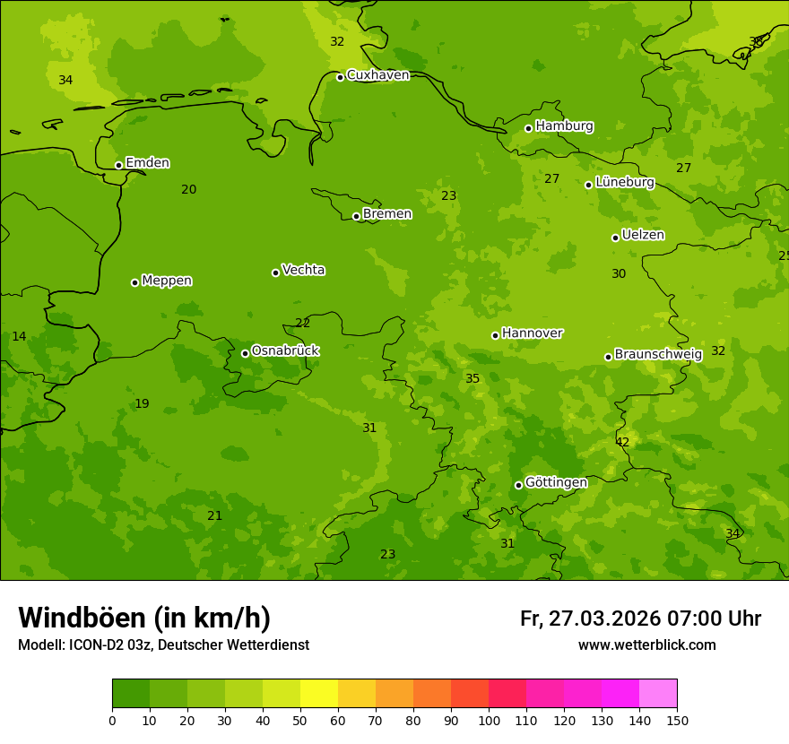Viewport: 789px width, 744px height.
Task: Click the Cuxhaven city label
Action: pyautogui.click(x=377, y=75)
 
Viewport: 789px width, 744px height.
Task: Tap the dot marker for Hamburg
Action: pyautogui.click(x=528, y=128)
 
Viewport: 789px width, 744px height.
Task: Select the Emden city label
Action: pyautogui.click(x=147, y=163)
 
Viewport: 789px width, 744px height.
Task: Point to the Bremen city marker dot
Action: pyautogui.click(x=356, y=216)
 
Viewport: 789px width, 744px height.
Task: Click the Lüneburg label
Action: pyautogui.click(x=625, y=183)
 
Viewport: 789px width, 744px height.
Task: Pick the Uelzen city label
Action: pyautogui.click(x=643, y=236)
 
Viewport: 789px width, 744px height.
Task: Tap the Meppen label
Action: pyautogui.click(x=167, y=281)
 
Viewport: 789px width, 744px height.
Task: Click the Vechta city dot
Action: pyautogui.click(x=275, y=273)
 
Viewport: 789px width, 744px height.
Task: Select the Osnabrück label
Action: pyautogui.click(x=285, y=351)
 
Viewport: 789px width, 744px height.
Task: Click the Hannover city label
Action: pyautogui.click(x=532, y=333)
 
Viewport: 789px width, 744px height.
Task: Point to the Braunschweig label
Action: pyautogui.click(x=658, y=355)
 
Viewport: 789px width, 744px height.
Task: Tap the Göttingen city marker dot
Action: pyautogui.click(x=518, y=485)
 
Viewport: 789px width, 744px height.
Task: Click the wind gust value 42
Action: pyautogui.click(x=622, y=443)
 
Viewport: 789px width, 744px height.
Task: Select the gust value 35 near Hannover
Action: pyautogui.click(x=473, y=379)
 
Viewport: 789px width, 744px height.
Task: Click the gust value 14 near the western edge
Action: pyautogui.click(x=19, y=337)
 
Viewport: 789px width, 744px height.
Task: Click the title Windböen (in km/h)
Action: pyautogui.click(x=144, y=619)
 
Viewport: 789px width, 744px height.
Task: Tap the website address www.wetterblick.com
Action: pyautogui.click(x=646, y=645)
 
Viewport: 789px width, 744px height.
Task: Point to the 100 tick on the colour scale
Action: pyautogui.click(x=489, y=720)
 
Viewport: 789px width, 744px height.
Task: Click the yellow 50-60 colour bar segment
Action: pyautogui.click(x=319, y=693)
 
